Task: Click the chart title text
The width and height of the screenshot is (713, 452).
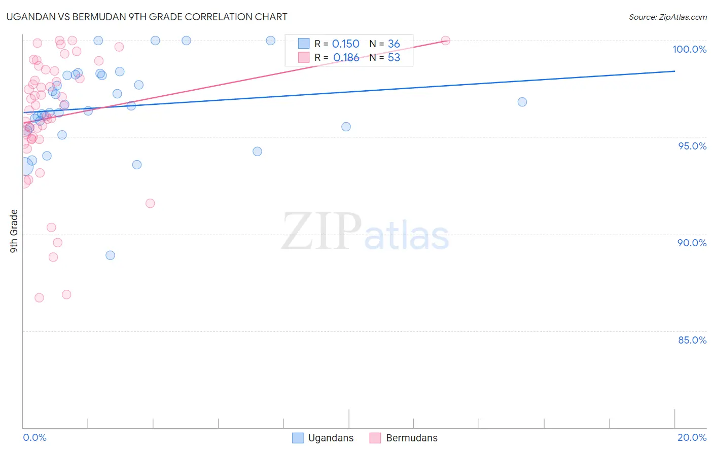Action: tap(147, 17)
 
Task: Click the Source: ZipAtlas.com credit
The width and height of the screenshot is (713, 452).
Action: tap(667, 17)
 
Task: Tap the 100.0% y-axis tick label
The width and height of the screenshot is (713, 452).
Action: tap(689, 49)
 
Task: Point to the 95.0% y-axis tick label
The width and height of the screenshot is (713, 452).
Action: tap(692, 146)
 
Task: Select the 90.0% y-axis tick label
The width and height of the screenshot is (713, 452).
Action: tap(692, 243)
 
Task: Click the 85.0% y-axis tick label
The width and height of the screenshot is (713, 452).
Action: tap(692, 340)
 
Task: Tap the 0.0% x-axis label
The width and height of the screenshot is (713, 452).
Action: tap(34, 437)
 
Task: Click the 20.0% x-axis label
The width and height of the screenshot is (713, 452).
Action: tap(692, 437)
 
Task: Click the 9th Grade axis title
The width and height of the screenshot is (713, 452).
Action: tap(14, 231)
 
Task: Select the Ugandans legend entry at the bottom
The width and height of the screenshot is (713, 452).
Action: tap(330, 438)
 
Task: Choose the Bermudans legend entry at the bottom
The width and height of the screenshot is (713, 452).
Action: tap(411, 438)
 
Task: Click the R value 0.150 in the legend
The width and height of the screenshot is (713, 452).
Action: tap(345, 44)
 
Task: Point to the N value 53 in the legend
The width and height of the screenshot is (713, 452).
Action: tap(394, 58)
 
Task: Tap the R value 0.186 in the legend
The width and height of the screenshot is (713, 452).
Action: tap(346, 58)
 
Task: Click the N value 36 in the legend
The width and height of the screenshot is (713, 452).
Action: tap(394, 44)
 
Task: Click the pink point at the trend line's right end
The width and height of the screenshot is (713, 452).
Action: tap(445, 41)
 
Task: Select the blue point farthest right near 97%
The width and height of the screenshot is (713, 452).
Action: tap(522, 102)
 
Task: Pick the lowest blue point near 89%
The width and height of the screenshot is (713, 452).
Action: tap(110, 255)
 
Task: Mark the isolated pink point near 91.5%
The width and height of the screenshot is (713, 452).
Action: tap(150, 203)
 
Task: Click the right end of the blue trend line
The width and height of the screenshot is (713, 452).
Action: tap(674, 71)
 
